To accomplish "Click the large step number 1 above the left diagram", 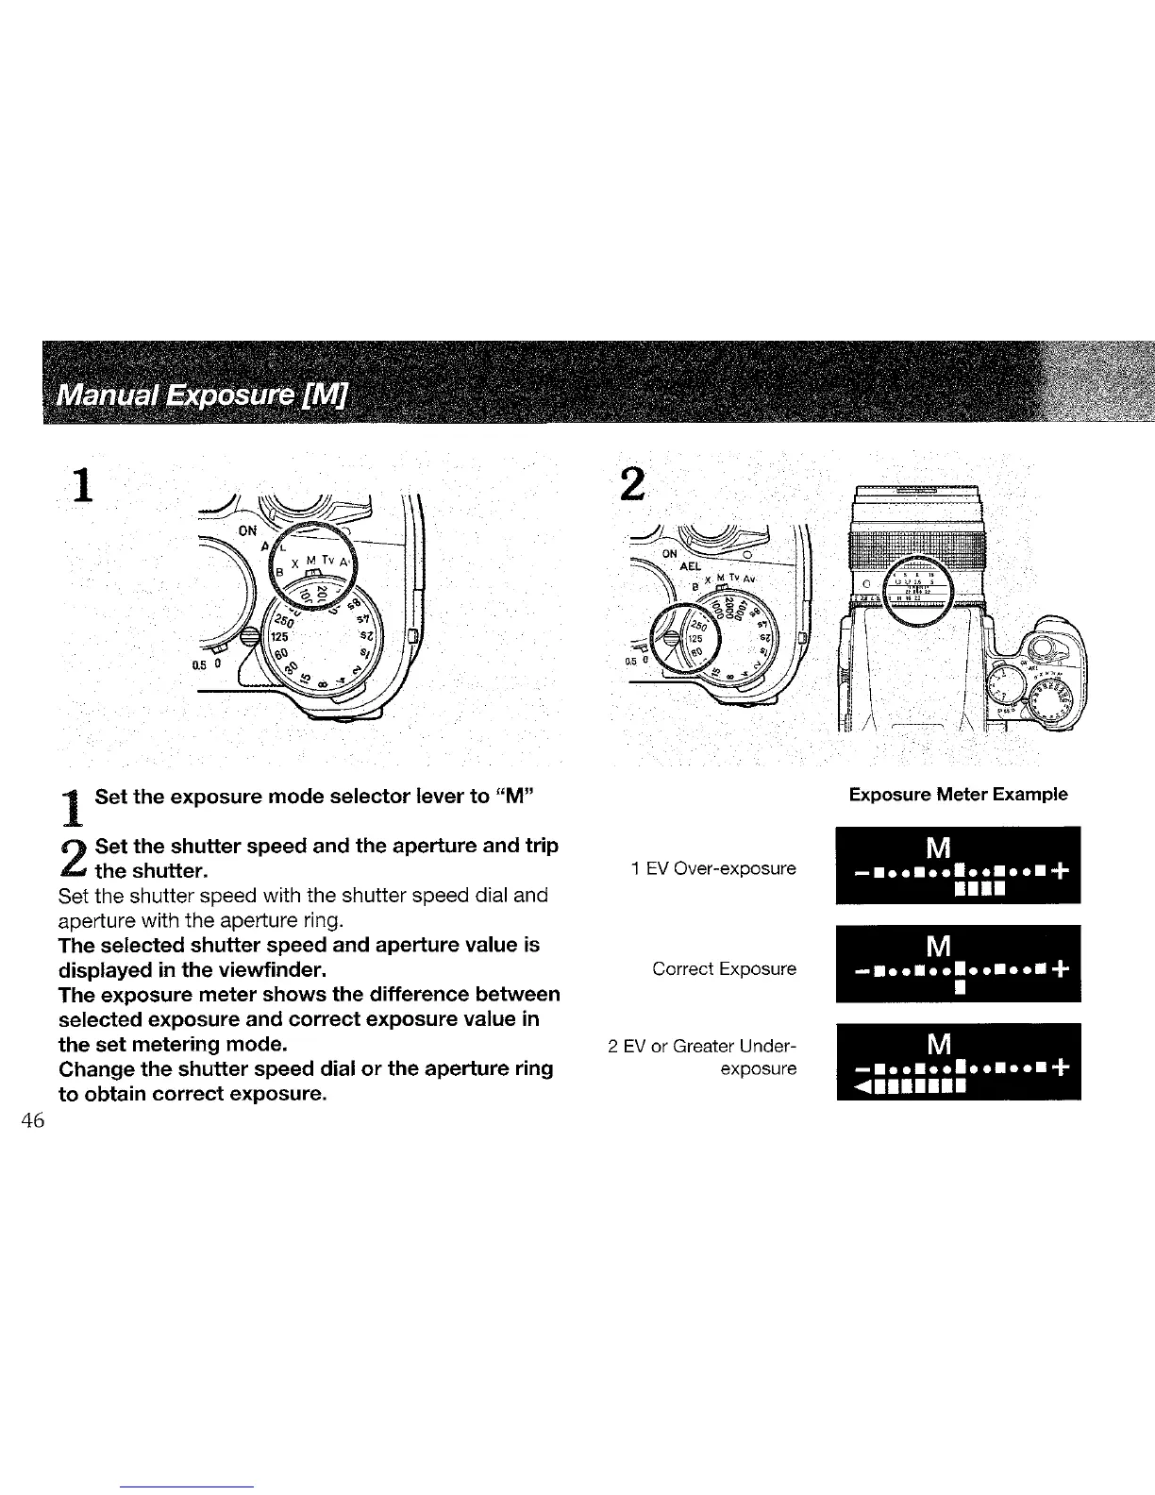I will (86, 487).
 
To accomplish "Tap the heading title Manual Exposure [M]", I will (202, 384).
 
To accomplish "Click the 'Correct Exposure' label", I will (725, 969).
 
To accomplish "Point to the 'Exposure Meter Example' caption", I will (958, 794).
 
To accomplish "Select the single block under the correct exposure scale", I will (958, 988).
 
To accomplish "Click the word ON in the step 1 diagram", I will (247, 530).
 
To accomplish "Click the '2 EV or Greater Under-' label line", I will (703, 1046).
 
